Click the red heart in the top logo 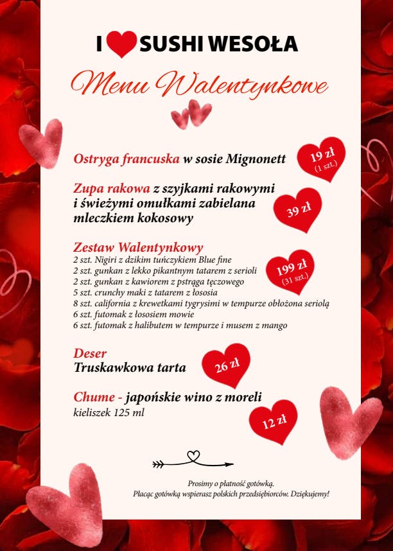121,44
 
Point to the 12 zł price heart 274,421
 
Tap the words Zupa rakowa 111,188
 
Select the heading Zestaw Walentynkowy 138,247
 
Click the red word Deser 90,354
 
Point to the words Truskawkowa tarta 130,368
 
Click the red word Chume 94,398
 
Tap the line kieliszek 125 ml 109,412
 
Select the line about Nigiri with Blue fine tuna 152,260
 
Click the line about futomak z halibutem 180,326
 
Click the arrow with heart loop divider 193,460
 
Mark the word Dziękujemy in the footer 310,493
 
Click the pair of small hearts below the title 192,114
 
